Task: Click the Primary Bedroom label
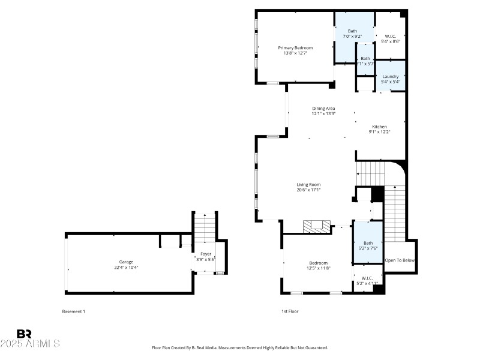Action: tap(295, 47)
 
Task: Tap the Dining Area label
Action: tap(323, 108)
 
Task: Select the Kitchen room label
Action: tap(379, 127)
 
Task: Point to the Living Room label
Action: tap(308, 185)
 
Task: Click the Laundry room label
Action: tap(390, 76)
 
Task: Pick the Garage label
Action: tap(126, 262)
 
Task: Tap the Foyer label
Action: tap(205, 254)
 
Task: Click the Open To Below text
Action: tap(400, 260)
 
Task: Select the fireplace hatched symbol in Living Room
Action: tap(316, 226)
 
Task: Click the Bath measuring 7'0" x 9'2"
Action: tap(352, 31)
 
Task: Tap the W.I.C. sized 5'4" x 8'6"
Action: tap(390, 36)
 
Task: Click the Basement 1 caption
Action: tap(74, 311)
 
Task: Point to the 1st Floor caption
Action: tap(290, 311)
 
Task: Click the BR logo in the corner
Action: tap(24, 334)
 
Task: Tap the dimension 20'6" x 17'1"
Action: tap(308, 190)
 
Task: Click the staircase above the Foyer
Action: tap(204, 228)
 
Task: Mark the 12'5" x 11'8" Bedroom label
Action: tap(319, 263)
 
